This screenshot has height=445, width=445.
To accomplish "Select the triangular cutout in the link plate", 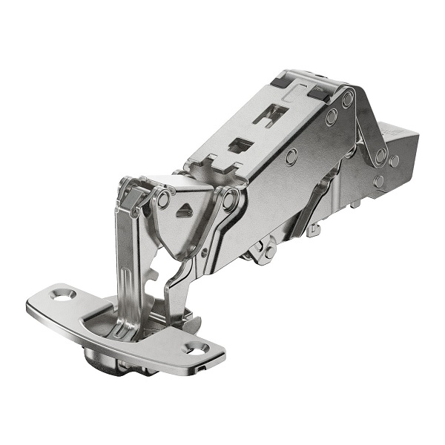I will pos(183,211).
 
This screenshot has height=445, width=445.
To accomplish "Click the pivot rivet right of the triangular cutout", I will pos(231,198).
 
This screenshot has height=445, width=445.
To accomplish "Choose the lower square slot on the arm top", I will pos(239,145).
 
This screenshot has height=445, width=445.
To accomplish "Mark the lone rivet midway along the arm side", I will pos(291,156).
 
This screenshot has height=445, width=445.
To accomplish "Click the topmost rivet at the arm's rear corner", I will pos(347,98).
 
